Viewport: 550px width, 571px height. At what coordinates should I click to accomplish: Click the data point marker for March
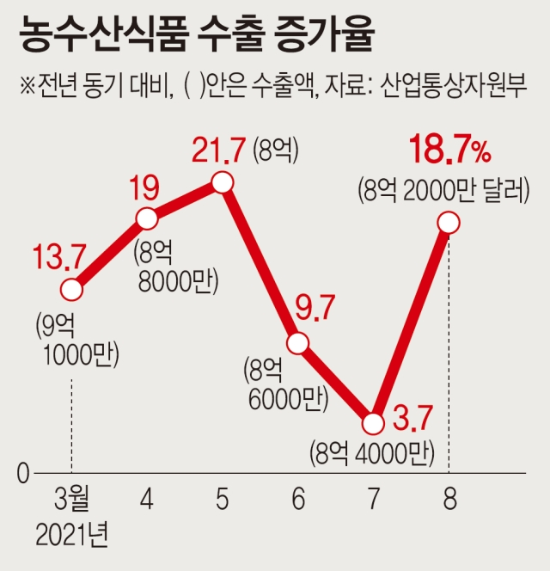71,290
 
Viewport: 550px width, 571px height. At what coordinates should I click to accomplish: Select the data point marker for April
147,218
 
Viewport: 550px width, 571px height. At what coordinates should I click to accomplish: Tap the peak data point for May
223,182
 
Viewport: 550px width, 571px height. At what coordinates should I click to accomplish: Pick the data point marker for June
298,343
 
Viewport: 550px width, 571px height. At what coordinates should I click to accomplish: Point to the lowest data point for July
374,423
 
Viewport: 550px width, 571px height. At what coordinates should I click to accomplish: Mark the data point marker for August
449,223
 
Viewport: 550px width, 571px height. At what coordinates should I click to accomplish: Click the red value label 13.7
59,257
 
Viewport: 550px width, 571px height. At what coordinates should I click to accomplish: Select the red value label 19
145,188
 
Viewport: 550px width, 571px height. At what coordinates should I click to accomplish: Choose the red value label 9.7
315,308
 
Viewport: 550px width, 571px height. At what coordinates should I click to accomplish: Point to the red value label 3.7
412,418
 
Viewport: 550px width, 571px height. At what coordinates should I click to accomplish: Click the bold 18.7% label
450,150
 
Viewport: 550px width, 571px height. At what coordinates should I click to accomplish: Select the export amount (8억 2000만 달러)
443,191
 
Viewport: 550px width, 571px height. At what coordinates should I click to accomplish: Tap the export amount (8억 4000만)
372,454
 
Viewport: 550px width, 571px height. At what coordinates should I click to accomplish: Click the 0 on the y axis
23,474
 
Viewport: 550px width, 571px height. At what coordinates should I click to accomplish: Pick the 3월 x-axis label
72,499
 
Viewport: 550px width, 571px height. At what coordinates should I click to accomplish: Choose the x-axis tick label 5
223,499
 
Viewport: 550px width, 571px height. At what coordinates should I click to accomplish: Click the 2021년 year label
72,535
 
